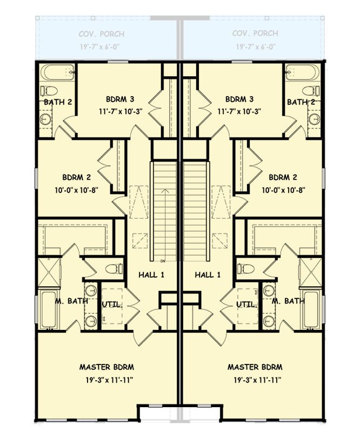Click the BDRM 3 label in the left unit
click(x=120, y=99)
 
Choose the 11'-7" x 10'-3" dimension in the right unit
click(x=239, y=111)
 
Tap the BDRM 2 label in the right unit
click(x=283, y=177)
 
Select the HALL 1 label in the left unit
click(x=151, y=275)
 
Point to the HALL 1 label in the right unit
click(x=208, y=275)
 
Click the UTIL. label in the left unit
click(x=112, y=305)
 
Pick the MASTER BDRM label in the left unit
click(x=106, y=367)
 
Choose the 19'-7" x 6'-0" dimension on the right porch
click(x=255, y=46)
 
